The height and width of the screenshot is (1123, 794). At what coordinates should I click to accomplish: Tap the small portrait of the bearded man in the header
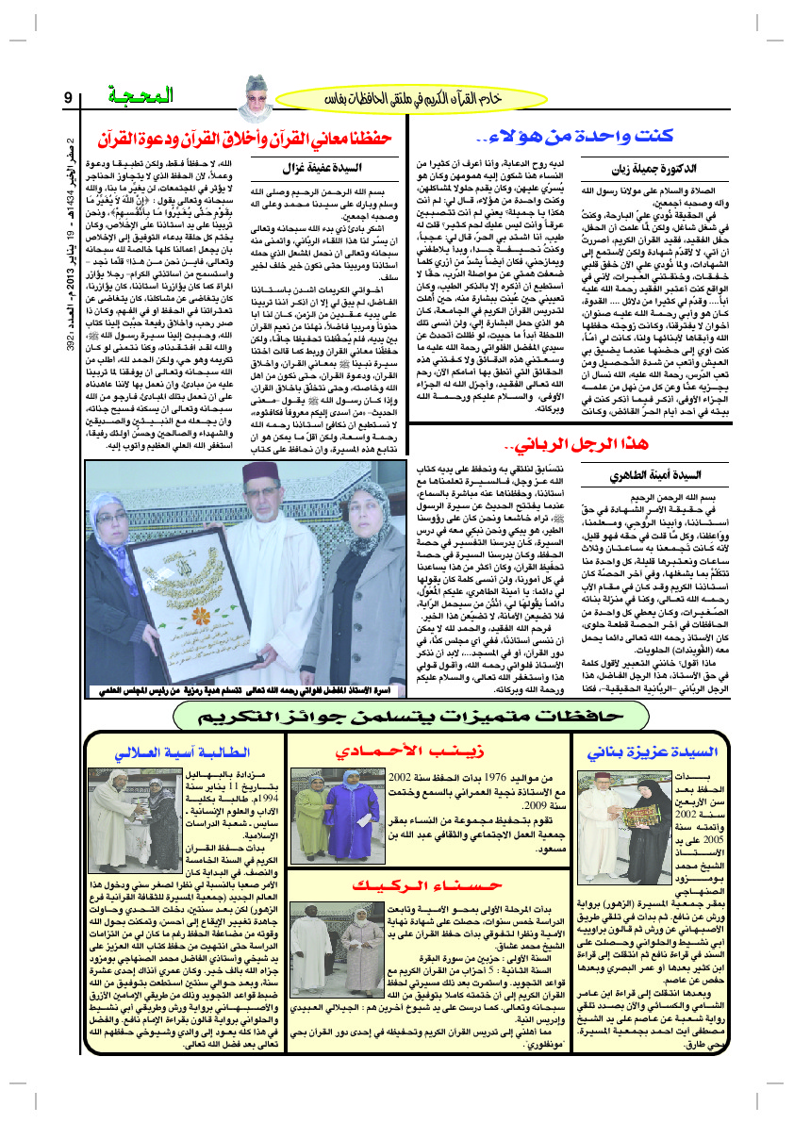tap(256, 92)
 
